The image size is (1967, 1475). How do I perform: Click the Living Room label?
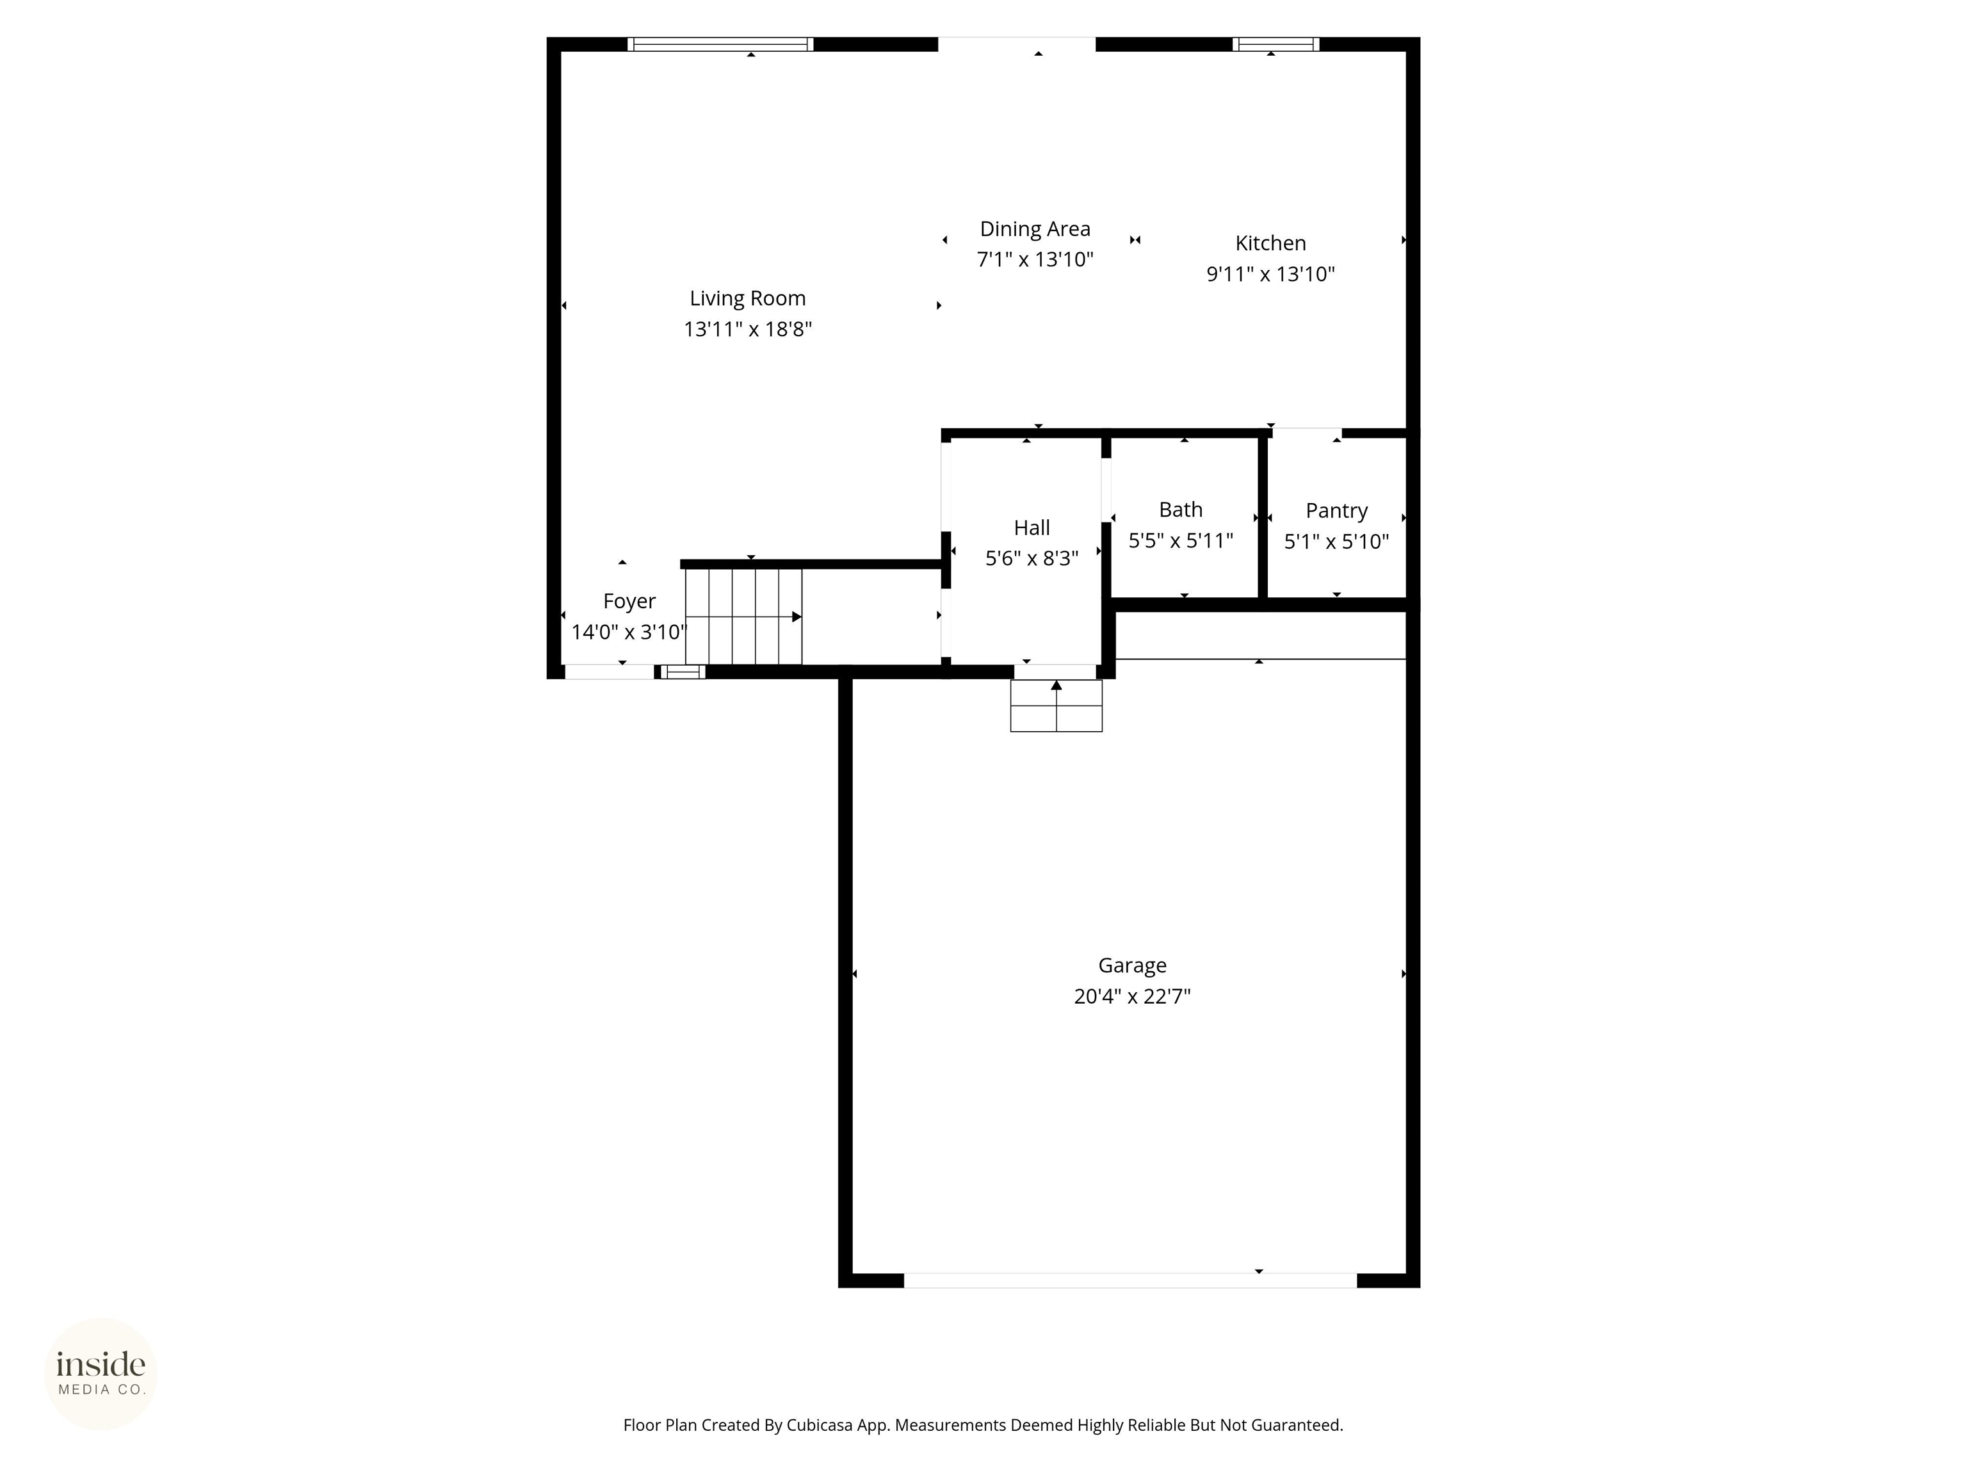(x=747, y=299)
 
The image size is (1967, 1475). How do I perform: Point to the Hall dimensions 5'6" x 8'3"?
(x=1032, y=558)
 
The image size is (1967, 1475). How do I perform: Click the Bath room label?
(x=1180, y=510)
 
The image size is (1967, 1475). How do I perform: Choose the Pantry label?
(x=1336, y=512)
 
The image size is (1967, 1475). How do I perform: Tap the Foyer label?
(x=629, y=602)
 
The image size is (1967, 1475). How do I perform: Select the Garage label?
(x=1131, y=965)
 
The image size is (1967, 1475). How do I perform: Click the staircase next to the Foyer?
(x=743, y=616)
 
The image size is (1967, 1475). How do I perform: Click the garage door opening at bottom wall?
(x=1129, y=1280)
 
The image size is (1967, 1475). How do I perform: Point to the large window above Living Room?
(x=720, y=44)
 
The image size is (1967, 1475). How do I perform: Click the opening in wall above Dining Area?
(x=1016, y=44)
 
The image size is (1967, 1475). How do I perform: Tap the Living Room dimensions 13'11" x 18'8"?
(x=747, y=330)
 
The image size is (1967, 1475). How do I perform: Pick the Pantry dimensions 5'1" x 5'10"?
(x=1336, y=542)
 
